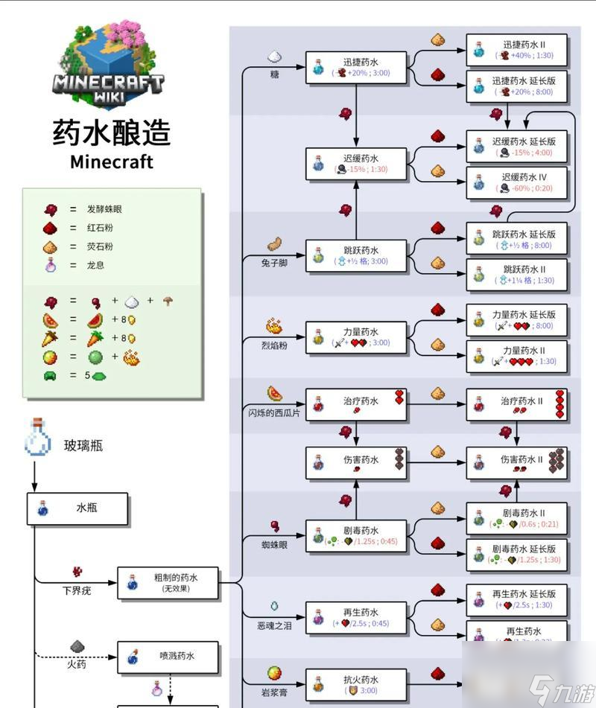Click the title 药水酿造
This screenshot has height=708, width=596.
point(112,133)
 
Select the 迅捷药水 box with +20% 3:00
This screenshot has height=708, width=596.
point(357,66)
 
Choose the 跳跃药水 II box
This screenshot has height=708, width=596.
point(518,274)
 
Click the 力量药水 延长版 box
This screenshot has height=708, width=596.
point(518,319)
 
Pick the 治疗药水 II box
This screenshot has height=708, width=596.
point(518,406)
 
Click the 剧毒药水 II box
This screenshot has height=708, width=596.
point(518,518)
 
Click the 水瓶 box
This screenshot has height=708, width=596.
point(78,508)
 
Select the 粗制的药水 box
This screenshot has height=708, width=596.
point(168,582)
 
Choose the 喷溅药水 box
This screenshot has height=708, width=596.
point(168,657)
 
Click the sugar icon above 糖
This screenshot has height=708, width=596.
point(273,57)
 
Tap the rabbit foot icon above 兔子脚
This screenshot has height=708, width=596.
point(273,244)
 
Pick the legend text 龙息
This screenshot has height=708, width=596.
point(95,265)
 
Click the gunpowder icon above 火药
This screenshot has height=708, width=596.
point(77,645)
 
